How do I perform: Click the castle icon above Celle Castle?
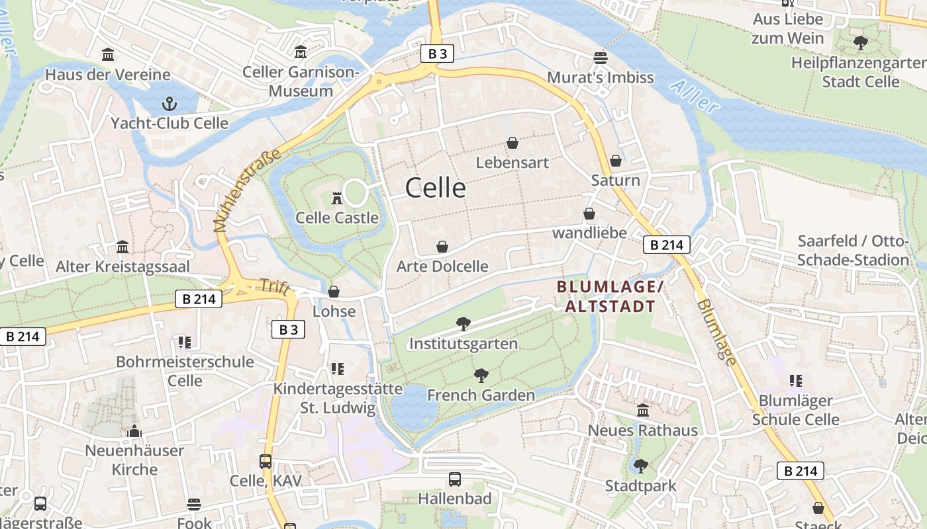coord(337,197)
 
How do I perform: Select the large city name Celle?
coord(435,188)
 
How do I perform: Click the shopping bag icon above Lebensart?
coord(512,142)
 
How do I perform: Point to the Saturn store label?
coord(615,181)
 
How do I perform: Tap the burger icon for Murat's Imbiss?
coord(601,58)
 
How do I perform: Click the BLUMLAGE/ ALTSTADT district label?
coord(609,296)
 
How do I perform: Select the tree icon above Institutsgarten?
coord(463,323)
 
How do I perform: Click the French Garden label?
coord(481,395)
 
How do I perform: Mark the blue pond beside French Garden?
coord(413,407)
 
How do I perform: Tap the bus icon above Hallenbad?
coord(455,479)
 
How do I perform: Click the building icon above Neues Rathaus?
coord(642,411)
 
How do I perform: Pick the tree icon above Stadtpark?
coord(640,466)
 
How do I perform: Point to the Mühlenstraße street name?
coord(247,190)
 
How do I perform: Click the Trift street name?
coord(271,286)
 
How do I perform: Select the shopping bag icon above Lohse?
coord(334,292)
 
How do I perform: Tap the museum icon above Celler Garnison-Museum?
coord(301,52)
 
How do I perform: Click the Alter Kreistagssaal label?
coord(122,266)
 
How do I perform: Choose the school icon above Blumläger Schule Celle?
coord(796,380)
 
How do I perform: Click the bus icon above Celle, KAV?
coord(266,462)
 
